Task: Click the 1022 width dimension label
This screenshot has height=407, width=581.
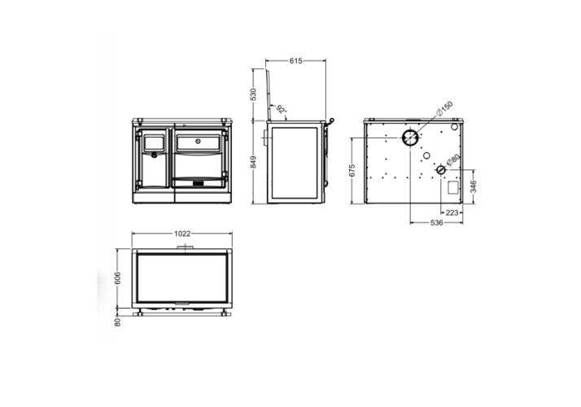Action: click(182, 234)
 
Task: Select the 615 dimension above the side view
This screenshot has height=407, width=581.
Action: click(295, 61)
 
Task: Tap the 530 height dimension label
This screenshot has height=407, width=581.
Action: click(253, 94)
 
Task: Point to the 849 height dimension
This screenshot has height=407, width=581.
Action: click(253, 162)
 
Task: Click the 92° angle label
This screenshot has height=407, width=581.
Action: click(282, 110)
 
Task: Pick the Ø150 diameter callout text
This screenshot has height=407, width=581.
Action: click(444, 108)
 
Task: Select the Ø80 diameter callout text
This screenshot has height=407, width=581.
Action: click(453, 160)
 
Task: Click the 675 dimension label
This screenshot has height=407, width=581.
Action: click(352, 170)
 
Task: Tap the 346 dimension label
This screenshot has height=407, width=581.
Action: click(473, 186)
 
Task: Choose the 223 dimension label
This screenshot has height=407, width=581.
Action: click(452, 212)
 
